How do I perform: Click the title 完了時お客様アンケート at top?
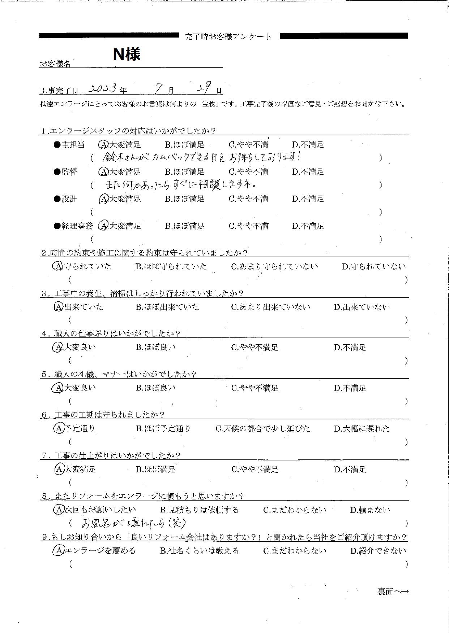228,36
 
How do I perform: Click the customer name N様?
127,54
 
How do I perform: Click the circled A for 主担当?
103,145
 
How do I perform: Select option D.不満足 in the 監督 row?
308,172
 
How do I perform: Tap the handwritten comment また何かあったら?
181,185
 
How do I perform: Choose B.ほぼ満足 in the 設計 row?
185,199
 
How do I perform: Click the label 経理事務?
77,226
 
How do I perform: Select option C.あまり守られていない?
274,267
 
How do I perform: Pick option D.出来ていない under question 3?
362,307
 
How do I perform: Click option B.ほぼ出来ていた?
167,307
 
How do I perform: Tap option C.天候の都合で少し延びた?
263,429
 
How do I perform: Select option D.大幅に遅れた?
362,429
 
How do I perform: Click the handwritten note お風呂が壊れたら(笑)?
134,523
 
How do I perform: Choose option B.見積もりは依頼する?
199,510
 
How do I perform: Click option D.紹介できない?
378,551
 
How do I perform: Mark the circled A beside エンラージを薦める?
58,551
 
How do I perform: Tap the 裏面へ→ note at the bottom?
393,591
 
